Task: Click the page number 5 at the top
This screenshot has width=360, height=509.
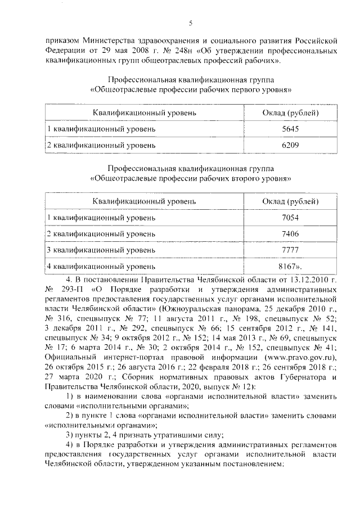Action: (x=191, y=22)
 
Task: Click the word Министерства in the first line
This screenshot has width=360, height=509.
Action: (x=115, y=40)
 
